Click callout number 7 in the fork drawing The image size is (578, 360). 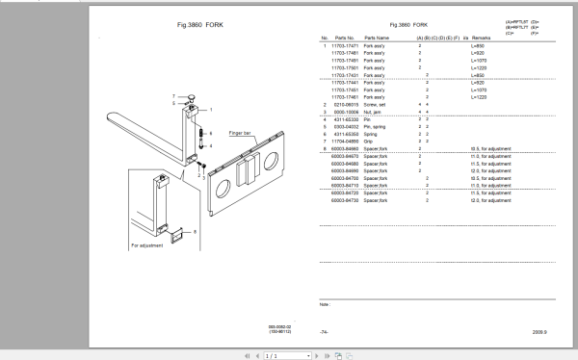tap(173, 97)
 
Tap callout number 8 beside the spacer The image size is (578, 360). tap(196, 231)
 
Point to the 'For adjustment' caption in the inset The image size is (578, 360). tap(147, 245)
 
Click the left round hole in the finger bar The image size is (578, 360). tap(227, 175)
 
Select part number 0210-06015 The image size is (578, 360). tap(345, 105)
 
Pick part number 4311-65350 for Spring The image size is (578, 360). tap(345, 135)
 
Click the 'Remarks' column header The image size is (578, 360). tap(479, 38)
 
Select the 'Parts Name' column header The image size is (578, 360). tap(376, 38)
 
